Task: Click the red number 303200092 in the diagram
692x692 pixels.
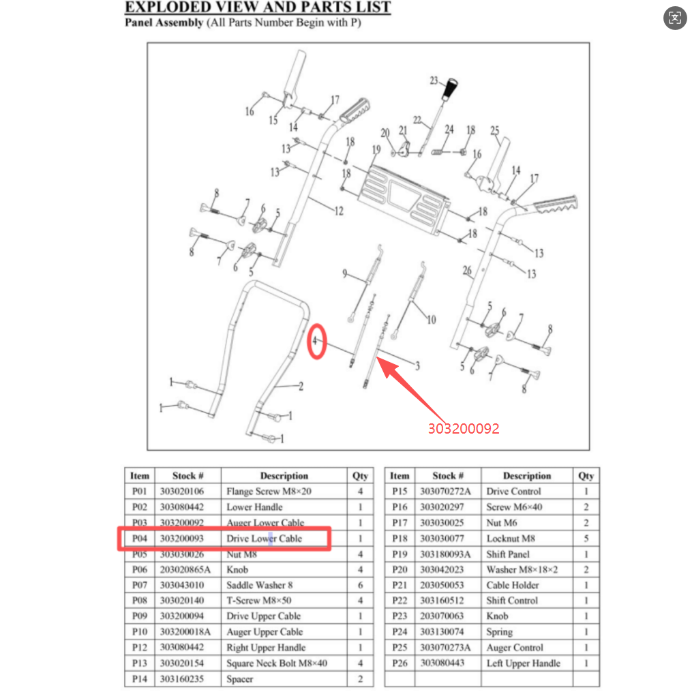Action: (464, 429)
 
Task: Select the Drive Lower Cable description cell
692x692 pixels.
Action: (284, 539)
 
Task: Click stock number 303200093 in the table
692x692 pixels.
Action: (182, 539)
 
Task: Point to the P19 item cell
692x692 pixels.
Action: (400, 554)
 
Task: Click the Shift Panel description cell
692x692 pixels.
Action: (527, 554)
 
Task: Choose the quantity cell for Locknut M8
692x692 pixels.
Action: (586, 539)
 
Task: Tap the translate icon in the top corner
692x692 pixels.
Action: (675, 18)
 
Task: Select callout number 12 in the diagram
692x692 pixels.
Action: (338, 211)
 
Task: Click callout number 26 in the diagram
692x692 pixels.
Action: (467, 270)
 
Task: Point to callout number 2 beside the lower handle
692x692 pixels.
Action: (301, 387)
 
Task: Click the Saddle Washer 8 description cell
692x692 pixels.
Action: (284, 585)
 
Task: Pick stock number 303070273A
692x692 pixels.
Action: (445, 648)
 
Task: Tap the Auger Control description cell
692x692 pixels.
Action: (527, 648)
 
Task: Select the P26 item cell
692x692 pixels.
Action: (400, 663)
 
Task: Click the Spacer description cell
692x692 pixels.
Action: (284, 679)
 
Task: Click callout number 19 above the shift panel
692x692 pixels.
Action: (376, 149)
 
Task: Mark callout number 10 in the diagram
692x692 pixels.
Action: (431, 320)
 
